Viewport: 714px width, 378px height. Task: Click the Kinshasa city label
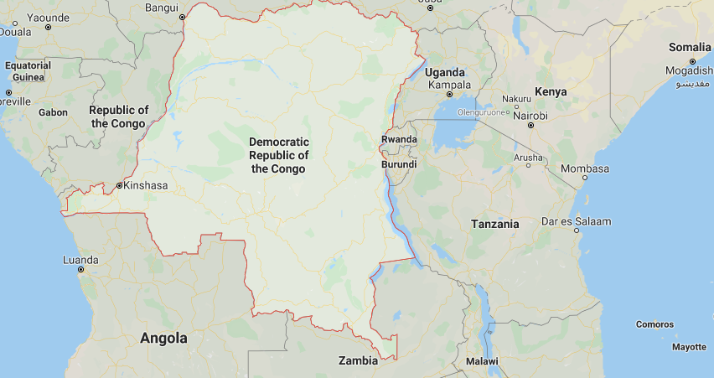[146, 185]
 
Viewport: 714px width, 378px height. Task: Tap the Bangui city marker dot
[182, 16]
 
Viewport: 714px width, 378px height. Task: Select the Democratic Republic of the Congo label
[279, 155]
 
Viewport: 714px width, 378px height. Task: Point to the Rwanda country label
[399, 139]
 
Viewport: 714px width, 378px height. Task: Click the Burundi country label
[399, 164]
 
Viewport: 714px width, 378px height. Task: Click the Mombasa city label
[585, 168]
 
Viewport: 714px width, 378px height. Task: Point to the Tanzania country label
[494, 224]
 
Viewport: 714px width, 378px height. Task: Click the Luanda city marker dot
[80, 269]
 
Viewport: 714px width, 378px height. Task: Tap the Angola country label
[164, 339]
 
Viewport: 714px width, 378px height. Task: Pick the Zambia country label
[358, 361]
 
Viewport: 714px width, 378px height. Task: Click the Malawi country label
[482, 361]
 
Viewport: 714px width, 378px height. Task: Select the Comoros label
[654, 324]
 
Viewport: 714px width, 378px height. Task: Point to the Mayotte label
[689, 346]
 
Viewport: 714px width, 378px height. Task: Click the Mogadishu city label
[690, 71]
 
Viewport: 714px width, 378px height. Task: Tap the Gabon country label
[53, 111]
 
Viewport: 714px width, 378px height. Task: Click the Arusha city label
[528, 157]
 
